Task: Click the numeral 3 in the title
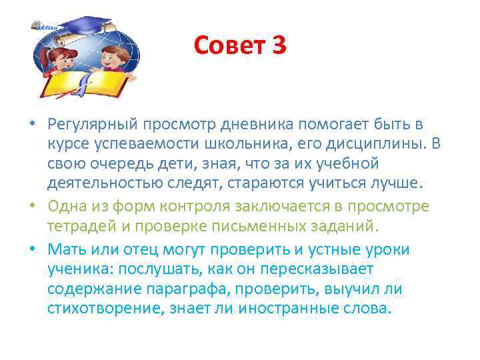tap(278, 46)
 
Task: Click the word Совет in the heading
tap(229, 46)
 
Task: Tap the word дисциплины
tap(376, 145)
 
